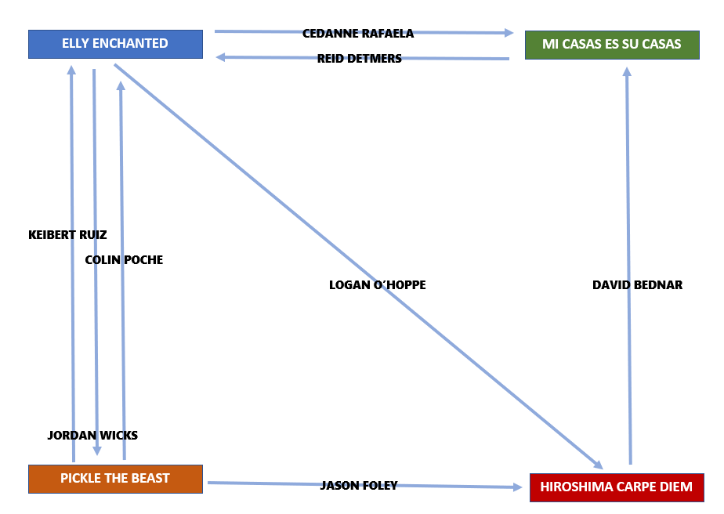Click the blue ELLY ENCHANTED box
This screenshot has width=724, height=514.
115,44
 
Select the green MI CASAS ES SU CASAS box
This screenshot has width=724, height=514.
612,45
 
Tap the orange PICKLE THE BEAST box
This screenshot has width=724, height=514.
115,479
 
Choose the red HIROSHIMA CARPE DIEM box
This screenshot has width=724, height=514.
617,487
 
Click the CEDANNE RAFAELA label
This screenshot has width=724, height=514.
358,34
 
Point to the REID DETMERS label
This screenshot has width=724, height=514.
360,59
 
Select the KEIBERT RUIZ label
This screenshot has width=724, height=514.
67,234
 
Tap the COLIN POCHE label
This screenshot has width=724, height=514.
124,259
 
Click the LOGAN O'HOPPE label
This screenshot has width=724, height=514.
378,285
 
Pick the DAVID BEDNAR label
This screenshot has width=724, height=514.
637,285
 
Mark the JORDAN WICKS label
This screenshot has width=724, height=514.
92,435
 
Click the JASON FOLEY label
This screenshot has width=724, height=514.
359,486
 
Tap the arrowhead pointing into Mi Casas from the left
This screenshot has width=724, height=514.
509,33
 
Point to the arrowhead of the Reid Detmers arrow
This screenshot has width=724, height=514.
222,56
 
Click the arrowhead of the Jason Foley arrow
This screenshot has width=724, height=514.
517,487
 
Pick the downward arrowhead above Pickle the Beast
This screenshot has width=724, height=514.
97,451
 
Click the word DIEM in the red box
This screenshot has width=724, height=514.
675,487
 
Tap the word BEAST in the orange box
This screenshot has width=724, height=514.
151,479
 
